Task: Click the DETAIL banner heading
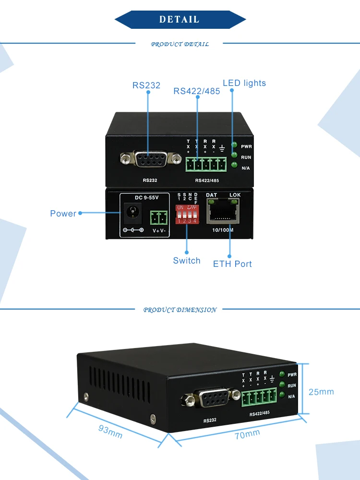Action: click(180, 20)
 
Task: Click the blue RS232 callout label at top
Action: click(146, 85)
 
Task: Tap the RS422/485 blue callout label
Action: click(197, 91)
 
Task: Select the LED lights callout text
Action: click(244, 83)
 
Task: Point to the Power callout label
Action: click(63, 213)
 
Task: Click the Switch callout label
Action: click(187, 261)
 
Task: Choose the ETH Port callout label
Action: click(232, 264)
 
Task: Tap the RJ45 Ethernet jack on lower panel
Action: click(222, 211)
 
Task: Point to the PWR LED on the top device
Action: click(234, 145)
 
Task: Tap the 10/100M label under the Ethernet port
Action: click(222, 229)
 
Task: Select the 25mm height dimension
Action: click(321, 392)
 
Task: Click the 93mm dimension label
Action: click(110, 432)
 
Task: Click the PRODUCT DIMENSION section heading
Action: click(180, 310)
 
